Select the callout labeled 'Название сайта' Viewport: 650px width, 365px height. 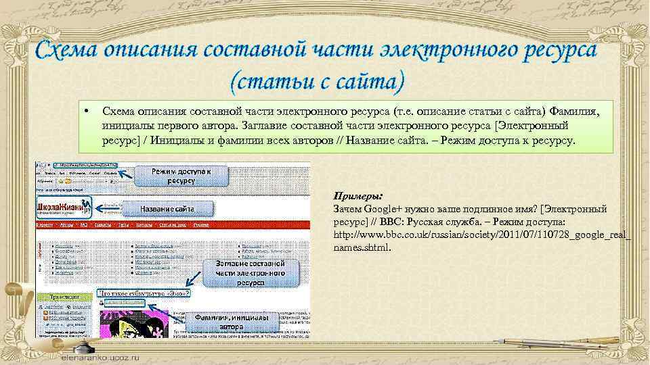167,209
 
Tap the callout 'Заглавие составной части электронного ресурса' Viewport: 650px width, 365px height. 250,272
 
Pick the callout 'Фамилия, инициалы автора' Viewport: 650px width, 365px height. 231,322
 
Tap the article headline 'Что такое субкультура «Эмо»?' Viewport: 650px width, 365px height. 144,294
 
